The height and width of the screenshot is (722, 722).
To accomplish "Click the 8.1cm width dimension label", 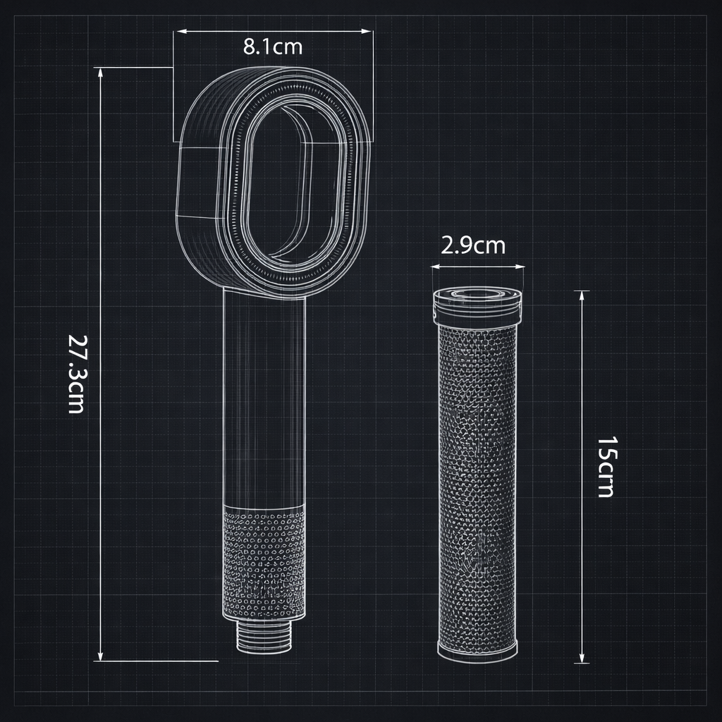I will click(273, 47).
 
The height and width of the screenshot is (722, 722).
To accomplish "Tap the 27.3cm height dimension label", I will click(76, 373).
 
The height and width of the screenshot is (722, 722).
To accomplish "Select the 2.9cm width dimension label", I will click(473, 245).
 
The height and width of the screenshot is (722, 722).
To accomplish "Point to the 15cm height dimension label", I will click(606, 467).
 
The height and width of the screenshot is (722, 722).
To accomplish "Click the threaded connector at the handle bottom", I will click(263, 638).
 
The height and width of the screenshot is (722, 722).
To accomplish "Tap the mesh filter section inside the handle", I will click(264, 564).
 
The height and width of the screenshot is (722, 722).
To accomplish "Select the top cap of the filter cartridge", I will click(477, 302).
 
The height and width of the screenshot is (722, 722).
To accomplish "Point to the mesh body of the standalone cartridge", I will click(477, 479).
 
